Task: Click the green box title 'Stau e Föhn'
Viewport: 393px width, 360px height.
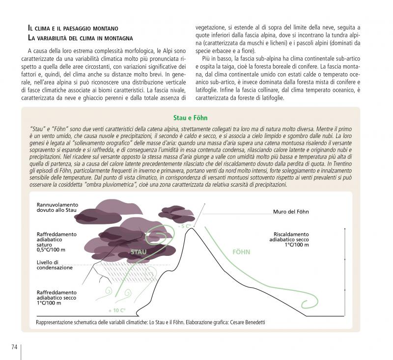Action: [x=190, y=118]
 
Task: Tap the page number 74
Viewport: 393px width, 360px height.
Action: [x=14, y=347]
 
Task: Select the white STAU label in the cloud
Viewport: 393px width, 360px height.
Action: [x=139, y=252]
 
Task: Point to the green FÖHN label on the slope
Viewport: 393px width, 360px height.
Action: [x=241, y=252]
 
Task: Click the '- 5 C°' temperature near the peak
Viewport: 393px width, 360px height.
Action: [x=185, y=226]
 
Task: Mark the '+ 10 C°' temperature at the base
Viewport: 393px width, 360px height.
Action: [x=117, y=310]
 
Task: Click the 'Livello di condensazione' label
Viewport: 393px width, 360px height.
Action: [x=55, y=265]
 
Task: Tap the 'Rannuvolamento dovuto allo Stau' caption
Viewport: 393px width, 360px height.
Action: [x=57, y=207]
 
